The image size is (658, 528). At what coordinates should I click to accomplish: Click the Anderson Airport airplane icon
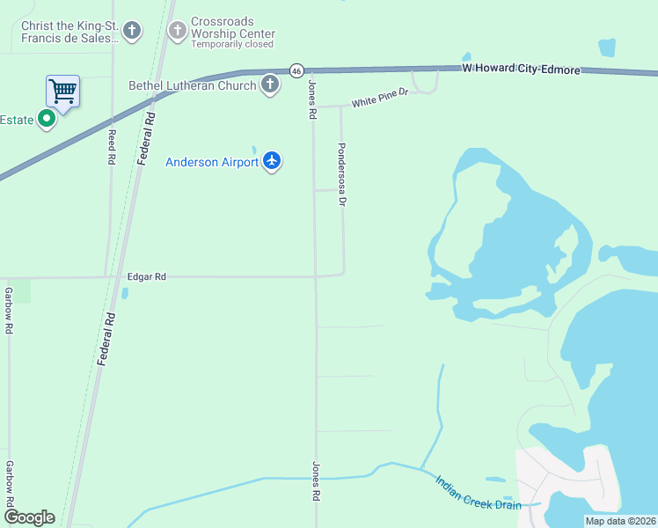pyautogui.click(x=271, y=161)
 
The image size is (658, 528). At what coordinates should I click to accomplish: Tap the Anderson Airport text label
pyautogui.click(x=212, y=162)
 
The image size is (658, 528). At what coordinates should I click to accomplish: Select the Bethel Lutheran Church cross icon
pyautogui.click(x=270, y=85)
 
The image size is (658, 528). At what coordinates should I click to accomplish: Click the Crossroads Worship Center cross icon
pyautogui.click(x=177, y=33)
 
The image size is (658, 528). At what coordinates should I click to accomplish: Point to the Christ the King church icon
pyautogui.click(x=132, y=33)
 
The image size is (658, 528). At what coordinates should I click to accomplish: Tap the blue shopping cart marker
pyautogui.click(x=62, y=90)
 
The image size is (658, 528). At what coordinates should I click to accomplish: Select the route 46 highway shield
pyautogui.click(x=296, y=70)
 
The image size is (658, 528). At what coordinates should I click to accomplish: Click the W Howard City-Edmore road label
pyautogui.click(x=522, y=69)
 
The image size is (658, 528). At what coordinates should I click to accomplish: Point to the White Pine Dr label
pyautogui.click(x=380, y=98)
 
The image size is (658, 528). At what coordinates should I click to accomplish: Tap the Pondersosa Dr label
pyautogui.click(x=342, y=174)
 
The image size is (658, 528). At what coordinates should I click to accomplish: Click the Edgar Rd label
pyautogui.click(x=147, y=276)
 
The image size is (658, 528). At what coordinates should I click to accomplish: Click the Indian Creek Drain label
pyautogui.click(x=478, y=493)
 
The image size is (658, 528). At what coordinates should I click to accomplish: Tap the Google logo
pyautogui.click(x=29, y=517)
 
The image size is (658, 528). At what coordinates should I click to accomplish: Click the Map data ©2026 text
pyautogui.click(x=620, y=521)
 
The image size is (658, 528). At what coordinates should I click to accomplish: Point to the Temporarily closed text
pyautogui.click(x=232, y=44)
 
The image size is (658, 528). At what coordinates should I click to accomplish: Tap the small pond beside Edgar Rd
pyautogui.click(x=125, y=293)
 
